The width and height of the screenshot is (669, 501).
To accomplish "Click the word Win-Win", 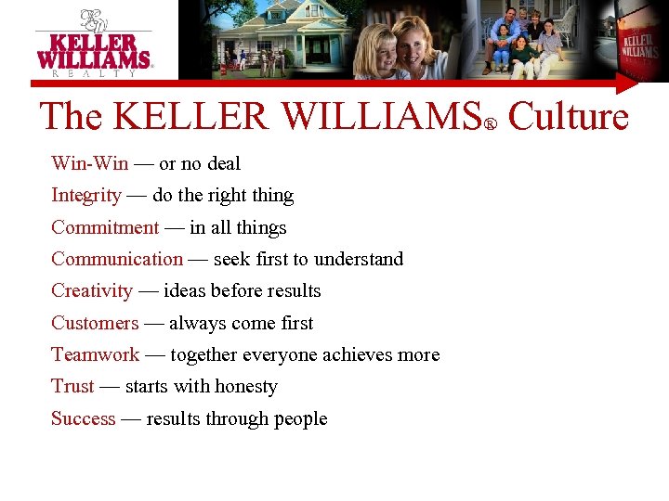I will click(89, 163).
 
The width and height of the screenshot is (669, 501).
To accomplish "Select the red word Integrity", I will click(85, 196).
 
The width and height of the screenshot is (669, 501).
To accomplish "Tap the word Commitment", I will click(105, 227).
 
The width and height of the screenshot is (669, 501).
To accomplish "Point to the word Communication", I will click(117, 259).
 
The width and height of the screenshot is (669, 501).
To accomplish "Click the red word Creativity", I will click(92, 291).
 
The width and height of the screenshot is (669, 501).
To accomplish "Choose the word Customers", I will click(95, 323).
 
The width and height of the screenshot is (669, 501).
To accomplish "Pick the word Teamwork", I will click(95, 354).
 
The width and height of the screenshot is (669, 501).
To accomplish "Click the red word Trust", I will click(72, 386).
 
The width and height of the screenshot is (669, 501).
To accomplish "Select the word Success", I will click(84, 418).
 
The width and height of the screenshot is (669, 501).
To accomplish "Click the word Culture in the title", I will click(569, 118).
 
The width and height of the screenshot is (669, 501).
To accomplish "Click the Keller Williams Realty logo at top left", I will click(93, 42).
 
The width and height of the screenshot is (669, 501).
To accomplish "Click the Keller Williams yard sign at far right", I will click(640, 46).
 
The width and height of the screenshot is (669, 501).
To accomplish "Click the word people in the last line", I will click(299, 418).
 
